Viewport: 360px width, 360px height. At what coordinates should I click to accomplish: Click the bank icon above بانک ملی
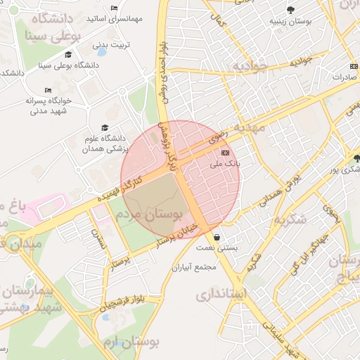pyautogui.click(x=225, y=153)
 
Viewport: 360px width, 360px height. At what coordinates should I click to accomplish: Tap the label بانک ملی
pyautogui.click(x=225, y=164)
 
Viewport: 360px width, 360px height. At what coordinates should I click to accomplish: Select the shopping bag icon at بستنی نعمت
pyautogui.click(x=216, y=238)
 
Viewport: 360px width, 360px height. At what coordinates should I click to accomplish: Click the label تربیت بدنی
pyautogui.click(x=112, y=46)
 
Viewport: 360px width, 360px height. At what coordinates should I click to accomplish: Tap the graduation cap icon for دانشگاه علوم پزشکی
pyautogui.click(x=105, y=127)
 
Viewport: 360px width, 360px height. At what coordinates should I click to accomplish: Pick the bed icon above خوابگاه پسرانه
pyautogui.click(x=48, y=90)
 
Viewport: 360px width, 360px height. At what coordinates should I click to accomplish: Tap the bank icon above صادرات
pyautogui.click(x=353, y=66)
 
